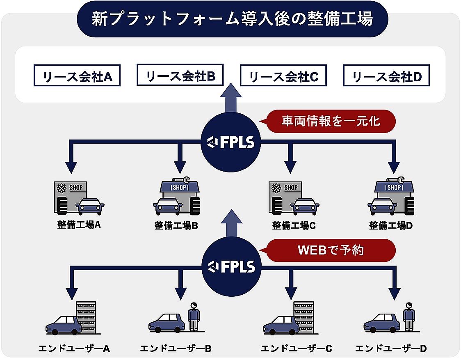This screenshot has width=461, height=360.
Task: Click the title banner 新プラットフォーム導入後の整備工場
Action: (x=232, y=19)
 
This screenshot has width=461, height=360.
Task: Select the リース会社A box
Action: (x=77, y=77)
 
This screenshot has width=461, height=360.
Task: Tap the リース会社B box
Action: (x=180, y=75)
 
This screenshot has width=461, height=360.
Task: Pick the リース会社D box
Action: (x=386, y=77)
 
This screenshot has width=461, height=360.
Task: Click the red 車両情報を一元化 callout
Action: (x=331, y=121)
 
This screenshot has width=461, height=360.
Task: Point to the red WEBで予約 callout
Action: (x=331, y=250)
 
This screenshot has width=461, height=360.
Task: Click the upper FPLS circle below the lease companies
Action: (x=231, y=142)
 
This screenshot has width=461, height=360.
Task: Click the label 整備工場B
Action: (x=176, y=225)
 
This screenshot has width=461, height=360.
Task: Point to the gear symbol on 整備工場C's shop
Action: (x=276, y=188)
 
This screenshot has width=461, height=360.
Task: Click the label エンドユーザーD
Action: (x=391, y=349)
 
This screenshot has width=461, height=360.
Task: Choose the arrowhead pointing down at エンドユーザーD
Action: (x=394, y=293)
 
